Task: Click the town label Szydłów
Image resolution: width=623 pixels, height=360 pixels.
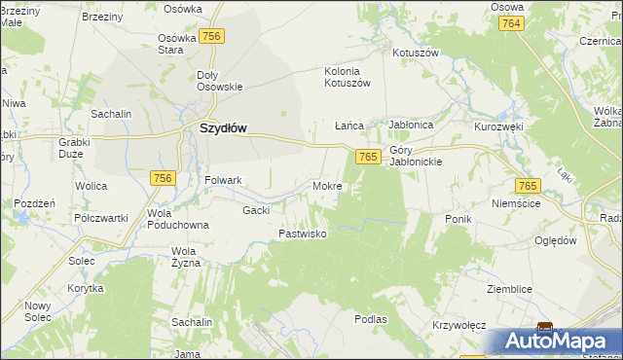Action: pyautogui.click(x=223, y=127)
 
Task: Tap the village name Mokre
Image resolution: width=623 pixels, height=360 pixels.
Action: pyautogui.click(x=326, y=185)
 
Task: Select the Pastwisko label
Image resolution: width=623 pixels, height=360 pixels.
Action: pyautogui.click(x=303, y=234)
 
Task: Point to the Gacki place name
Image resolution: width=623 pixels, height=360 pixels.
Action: pyautogui.click(x=256, y=209)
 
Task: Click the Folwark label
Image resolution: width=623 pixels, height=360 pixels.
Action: pyautogui.click(x=223, y=180)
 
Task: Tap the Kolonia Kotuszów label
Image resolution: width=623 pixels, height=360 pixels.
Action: pyautogui.click(x=348, y=77)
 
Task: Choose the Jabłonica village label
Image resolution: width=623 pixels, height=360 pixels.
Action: pyautogui.click(x=410, y=126)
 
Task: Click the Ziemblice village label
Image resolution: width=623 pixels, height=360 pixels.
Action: pyautogui.click(x=510, y=289)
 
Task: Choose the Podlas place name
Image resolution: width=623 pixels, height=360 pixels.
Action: pyautogui.click(x=371, y=318)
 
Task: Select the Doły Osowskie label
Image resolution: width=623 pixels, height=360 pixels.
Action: pyautogui.click(x=219, y=81)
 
